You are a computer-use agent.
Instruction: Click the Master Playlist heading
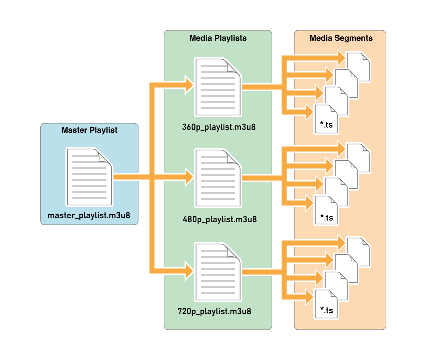click(x=89, y=130)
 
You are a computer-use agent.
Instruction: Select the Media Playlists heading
click(x=218, y=38)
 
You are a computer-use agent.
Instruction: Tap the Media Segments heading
click(x=341, y=38)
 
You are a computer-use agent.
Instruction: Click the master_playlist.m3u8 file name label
click(x=89, y=215)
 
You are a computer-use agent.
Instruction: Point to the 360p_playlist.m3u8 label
click(x=219, y=127)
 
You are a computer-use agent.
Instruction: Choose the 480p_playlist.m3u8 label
click(x=220, y=219)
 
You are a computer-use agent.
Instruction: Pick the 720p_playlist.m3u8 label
click(x=215, y=311)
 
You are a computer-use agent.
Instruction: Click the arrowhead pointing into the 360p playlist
click(x=189, y=85)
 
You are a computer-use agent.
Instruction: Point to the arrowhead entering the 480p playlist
click(x=189, y=177)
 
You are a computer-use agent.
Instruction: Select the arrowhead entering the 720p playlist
click(x=189, y=271)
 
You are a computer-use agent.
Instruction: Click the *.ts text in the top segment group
click(x=326, y=125)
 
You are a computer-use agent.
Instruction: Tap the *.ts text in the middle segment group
click(x=327, y=217)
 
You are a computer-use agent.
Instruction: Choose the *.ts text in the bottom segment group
click(x=327, y=310)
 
